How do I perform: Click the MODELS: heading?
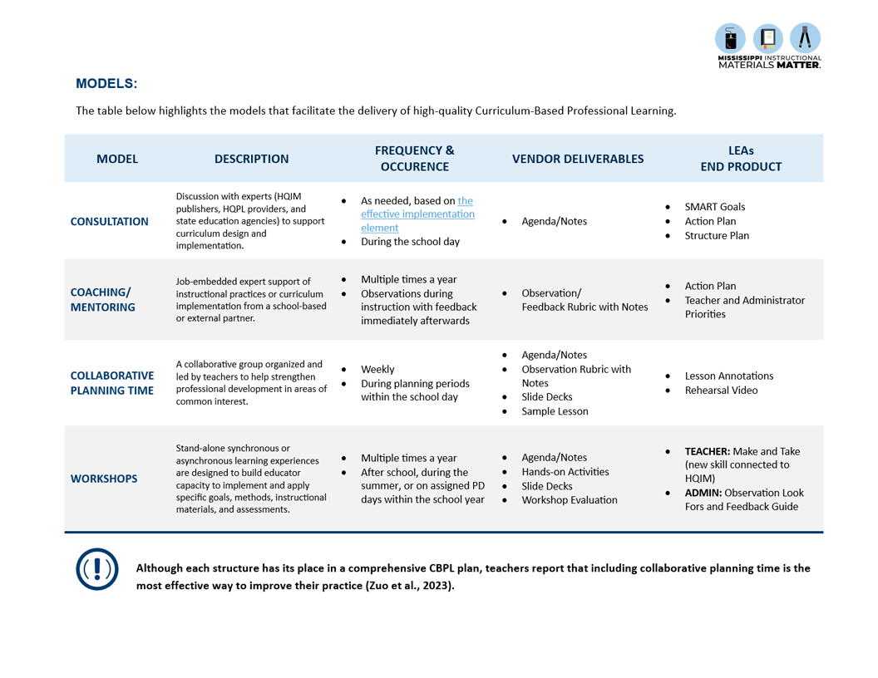106,83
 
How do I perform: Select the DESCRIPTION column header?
251,159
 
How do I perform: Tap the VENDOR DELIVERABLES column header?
577,159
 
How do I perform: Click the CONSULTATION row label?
109,222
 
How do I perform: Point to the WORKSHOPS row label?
104,479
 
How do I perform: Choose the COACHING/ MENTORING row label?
102,300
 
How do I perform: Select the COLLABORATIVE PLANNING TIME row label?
111,383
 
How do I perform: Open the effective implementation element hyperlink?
417,214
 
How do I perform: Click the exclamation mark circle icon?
97,569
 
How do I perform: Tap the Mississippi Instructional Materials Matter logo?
768,46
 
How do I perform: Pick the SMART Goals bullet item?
714,207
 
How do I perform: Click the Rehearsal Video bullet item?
721,391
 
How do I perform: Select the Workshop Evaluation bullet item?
569,500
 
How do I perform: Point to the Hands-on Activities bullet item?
565,472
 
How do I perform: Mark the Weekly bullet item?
377,370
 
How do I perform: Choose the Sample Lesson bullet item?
555,411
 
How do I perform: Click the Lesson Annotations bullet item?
728,376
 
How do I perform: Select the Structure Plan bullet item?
717,236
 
